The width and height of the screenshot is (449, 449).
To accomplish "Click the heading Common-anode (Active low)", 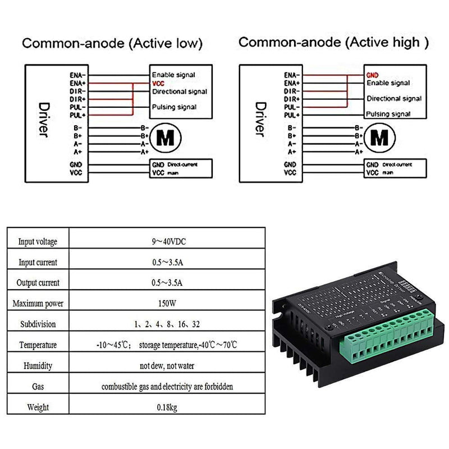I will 112,44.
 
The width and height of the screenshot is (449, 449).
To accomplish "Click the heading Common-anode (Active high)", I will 333,42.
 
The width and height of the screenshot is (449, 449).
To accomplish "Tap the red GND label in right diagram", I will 372,75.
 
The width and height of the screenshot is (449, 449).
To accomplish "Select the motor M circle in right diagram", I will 380,136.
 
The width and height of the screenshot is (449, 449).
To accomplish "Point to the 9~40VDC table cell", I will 168,241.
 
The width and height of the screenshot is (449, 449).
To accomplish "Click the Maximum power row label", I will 38,304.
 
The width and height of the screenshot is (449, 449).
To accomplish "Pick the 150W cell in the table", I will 168,304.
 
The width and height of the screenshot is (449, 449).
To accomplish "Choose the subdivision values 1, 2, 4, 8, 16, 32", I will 168,324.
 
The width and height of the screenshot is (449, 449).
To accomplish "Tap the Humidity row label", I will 38,366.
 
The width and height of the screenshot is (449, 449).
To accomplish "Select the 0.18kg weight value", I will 168,407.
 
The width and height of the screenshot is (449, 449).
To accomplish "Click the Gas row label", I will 38,387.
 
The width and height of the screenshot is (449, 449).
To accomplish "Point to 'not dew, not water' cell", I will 168,366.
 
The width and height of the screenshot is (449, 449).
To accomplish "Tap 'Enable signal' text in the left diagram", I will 173,75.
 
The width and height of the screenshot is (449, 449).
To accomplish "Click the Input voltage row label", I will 38,242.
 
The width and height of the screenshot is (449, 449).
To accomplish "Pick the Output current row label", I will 38,283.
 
